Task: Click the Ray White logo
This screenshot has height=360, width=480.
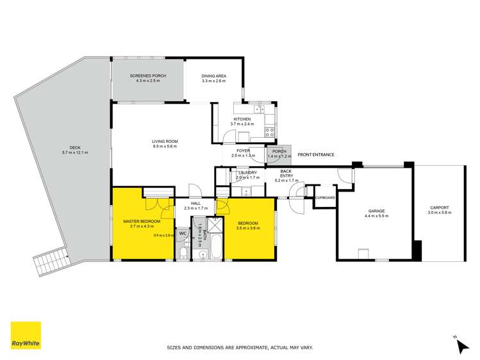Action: click(26, 336)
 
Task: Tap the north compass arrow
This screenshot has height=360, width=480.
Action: click(461, 346)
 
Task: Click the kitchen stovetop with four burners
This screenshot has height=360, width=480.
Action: click(270, 133)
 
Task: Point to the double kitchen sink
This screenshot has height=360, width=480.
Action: click(254, 106)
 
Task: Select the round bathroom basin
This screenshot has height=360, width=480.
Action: click(203, 254)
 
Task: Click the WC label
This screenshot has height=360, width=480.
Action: click(183, 234)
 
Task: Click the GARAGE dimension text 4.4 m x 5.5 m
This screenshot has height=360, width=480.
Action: click(376, 217)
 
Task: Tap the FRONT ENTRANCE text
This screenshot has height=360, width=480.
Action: click(316, 154)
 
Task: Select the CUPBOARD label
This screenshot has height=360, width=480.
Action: click(325, 198)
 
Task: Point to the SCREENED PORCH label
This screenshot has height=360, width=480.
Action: click(148, 76)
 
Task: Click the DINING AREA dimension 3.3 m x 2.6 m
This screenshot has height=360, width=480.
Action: click(214, 81)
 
